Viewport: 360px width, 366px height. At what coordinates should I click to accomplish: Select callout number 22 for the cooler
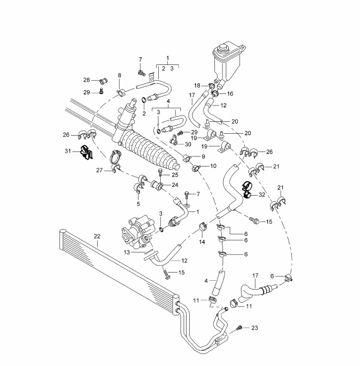(x=97, y=236)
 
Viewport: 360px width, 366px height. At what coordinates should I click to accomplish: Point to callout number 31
(x=67, y=151)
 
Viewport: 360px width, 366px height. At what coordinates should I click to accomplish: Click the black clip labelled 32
(x=248, y=189)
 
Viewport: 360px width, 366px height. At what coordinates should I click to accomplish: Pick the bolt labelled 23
(x=238, y=328)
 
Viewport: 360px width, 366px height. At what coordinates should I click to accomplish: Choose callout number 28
(x=86, y=80)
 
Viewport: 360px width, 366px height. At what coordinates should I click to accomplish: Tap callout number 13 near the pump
(x=127, y=252)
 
